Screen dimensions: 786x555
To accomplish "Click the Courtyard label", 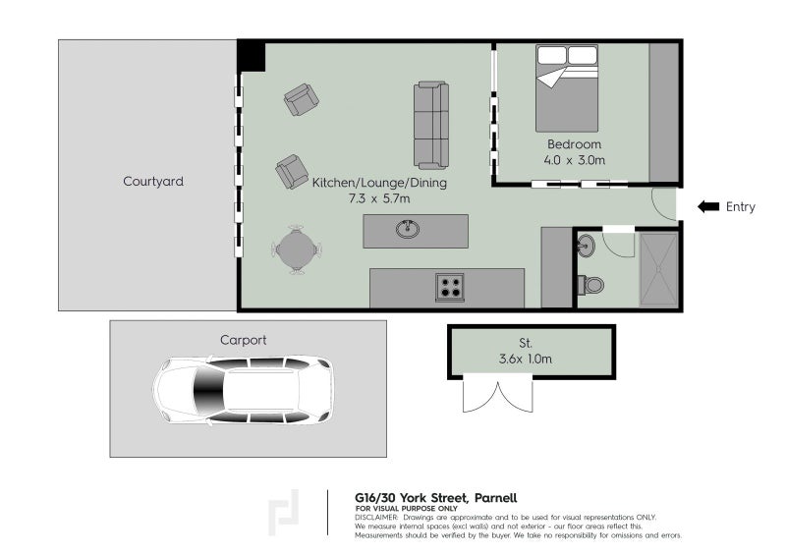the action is pyautogui.click(x=153, y=181).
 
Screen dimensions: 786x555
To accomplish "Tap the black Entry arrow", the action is pyautogui.click(x=708, y=206).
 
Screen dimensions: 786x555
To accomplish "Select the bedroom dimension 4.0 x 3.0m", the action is pyautogui.click(x=575, y=160).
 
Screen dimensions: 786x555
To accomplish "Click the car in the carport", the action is pyautogui.click(x=243, y=390).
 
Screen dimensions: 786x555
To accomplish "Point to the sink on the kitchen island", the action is pyautogui.click(x=408, y=229).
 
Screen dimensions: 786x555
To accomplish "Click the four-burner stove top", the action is pyautogui.click(x=450, y=287).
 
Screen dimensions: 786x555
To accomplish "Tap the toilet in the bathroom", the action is pyautogui.click(x=590, y=285).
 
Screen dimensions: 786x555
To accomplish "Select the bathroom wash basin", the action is pyautogui.click(x=586, y=246).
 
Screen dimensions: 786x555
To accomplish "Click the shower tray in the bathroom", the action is pyautogui.click(x=658, y=269).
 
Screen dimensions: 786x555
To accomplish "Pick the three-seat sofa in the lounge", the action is pyautogui.click(x=431, y=125).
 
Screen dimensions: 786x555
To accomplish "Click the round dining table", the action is pyautogui.click(x=297, y=250).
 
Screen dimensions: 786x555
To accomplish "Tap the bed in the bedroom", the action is pyautogui.click(x=567, y=88).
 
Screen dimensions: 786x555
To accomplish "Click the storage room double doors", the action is pyautogui.click(x=497, y=395).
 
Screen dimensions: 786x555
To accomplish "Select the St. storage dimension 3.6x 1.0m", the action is pyautogui.click(x=526, y=359).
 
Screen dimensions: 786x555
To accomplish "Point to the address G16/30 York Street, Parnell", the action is pyautogui.click(x=435, y=498).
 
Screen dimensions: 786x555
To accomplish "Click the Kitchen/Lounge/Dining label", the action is pyautogui.click(x=379, y=182).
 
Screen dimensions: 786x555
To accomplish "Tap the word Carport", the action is pyautogui.click(x=243, y=340).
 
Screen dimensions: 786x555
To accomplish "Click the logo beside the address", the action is pyautogui.click(x=283, y=513).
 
